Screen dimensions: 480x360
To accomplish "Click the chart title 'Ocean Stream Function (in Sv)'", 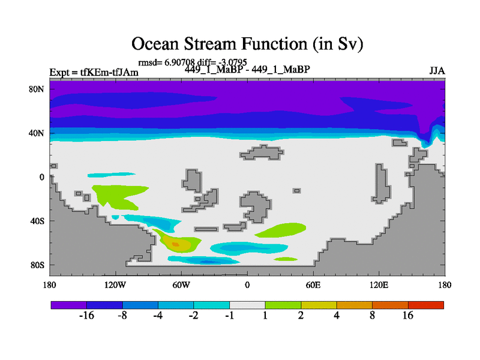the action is click(x=247, y=43).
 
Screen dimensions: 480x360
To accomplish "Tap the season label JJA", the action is click(x=437, y=71).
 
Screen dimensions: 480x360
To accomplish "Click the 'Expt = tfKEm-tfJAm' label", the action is click(x=94, y=72).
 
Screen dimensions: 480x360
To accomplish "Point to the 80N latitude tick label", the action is click(x=37, y=89).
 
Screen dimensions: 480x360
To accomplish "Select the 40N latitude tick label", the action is click(x=37, y=133).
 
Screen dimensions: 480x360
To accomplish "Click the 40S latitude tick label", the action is click(x=37, y=221).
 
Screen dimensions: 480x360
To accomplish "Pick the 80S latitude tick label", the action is click(x=37, y=265).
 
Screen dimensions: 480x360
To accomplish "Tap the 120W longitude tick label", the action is click(x=115, y=285).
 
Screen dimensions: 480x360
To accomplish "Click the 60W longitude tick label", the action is click(x=181, y=285).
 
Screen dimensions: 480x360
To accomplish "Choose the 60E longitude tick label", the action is click(x=313, y=285).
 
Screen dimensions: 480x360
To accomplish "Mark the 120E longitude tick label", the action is click(x=379, y=285).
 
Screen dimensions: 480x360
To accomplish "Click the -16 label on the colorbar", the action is click(x=86, y=316).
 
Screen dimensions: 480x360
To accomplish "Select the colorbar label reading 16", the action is click(x=408, y=316).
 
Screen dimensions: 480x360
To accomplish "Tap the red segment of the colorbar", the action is click(x=426, y=305).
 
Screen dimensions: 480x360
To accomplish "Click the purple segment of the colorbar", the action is click(x=69, y=305).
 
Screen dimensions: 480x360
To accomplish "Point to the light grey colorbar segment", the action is click(x=247, y=305).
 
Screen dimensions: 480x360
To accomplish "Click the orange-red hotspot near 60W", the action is click(x=175, y=244).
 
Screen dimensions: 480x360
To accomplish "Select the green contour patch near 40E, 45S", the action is click(x=280, y=230).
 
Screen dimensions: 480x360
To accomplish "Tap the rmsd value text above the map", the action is click(x=167, y=62).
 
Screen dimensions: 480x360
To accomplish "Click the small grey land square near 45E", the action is click(x=296, y=191).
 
